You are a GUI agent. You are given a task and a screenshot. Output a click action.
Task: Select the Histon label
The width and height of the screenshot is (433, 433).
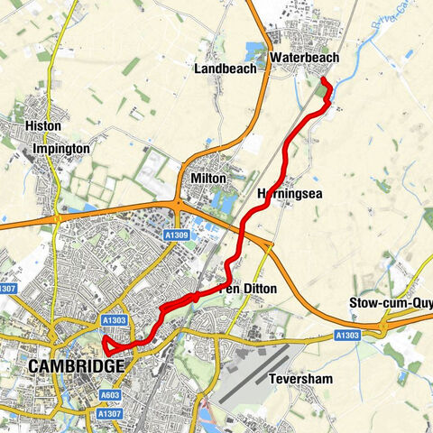[x=43, y=126]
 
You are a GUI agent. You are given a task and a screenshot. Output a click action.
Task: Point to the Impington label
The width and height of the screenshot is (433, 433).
[x=60, y=148]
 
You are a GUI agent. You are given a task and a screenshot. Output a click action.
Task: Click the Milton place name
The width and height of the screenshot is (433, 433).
[x=208, y=179]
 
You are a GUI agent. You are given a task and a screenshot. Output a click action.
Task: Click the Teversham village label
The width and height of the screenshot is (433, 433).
[x=300, y=380]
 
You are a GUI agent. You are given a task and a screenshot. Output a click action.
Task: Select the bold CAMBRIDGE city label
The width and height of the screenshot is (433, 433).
[x=76, y=366]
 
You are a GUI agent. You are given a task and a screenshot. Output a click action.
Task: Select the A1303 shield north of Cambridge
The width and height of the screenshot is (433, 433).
[x=115, y=319]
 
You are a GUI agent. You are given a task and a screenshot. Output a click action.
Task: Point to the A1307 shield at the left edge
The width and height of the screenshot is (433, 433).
[x=7, y=289]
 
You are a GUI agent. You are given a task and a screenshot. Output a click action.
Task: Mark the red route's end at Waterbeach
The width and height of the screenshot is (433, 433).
[x=324, y=82]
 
